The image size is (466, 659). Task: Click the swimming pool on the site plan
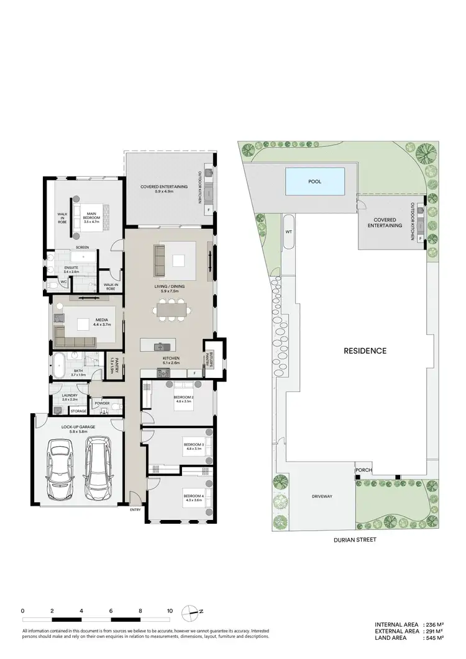click(x=315, y=182)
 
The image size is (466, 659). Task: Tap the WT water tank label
click(x=288, y=232)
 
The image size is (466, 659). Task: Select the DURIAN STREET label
click(x=355, y=540)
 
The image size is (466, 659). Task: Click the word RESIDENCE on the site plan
click(x=365, y=351)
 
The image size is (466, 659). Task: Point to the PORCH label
click(x=363, y=470)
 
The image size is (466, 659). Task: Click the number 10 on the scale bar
click(x=170, y=611)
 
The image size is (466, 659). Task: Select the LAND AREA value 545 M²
click(x=433, y=637)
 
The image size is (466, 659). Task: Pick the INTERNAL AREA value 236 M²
click(x=433, y=624)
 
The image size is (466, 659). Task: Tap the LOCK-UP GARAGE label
click(x=77, y=427)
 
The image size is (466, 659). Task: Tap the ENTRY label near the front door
click(x=135, y=510)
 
